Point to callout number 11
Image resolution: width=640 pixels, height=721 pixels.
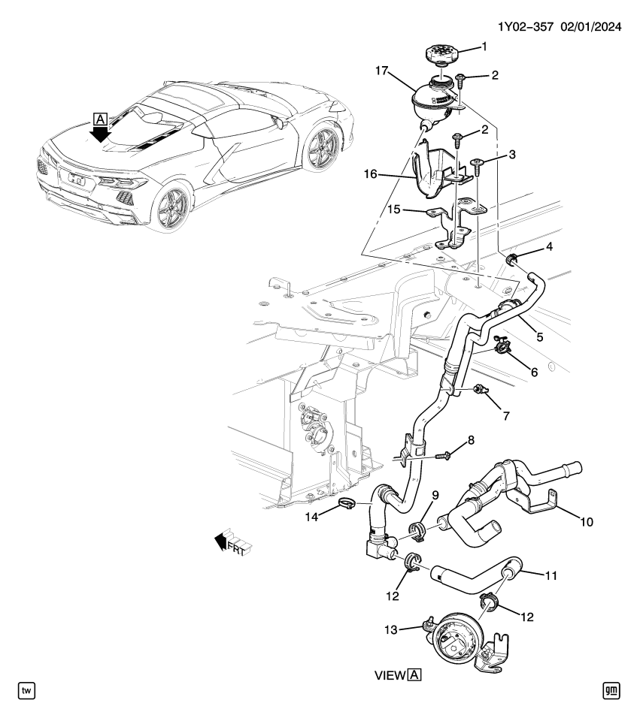[x=551, y=576]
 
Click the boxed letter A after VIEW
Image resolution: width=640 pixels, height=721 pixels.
[x=414, y=674]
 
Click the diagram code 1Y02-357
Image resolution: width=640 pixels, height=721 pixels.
[x=524, y=27]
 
